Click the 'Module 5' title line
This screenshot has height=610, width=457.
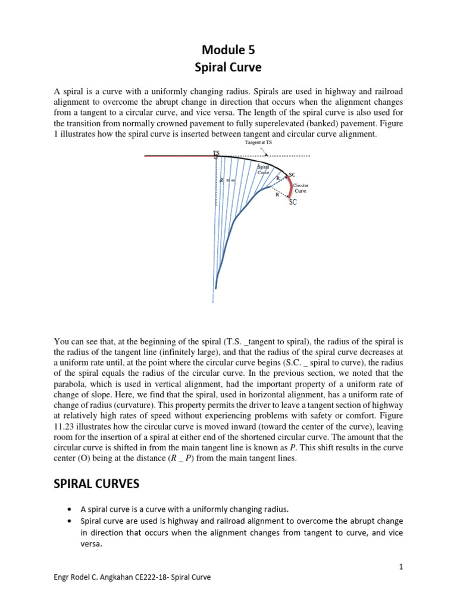(228, 51)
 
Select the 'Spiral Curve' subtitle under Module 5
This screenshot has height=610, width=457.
(228, 68)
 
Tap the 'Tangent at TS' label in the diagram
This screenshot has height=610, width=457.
(258, 143)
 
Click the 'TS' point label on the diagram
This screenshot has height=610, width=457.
(216, 153)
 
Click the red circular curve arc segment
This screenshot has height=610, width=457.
(290, 188)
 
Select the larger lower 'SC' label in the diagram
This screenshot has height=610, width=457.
(293, 203)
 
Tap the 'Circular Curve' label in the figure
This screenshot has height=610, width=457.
(301, 188)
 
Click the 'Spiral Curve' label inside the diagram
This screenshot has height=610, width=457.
(264, 169)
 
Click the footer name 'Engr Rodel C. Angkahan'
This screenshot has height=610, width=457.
(92, 578)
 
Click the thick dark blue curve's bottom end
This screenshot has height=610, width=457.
(215, 287)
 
